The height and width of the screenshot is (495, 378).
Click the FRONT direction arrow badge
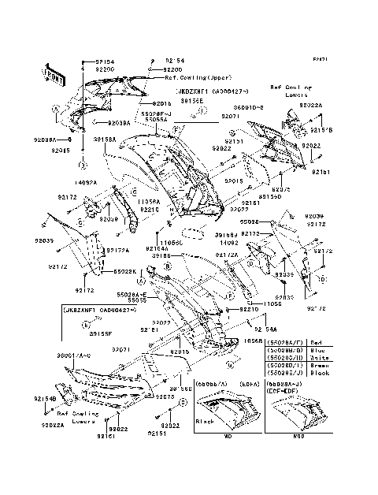pos(54,72)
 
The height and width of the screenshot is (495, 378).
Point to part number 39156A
pos(105,139)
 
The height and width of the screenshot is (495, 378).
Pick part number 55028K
pos(126,271)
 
